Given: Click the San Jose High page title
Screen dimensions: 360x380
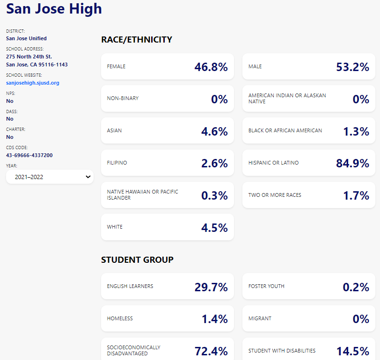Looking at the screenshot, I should pos(54,8).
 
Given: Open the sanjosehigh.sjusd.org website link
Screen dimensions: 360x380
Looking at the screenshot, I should pos(33,83).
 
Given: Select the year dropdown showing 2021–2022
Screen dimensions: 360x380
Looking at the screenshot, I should pos(50,177).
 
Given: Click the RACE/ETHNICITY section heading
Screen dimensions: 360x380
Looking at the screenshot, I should pos(137,40).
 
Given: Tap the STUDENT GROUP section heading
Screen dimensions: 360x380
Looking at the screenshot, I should pos(137,259).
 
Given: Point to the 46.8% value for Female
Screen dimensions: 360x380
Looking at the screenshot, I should pos(211,67).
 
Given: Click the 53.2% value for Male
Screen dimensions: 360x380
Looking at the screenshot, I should pos(352,67).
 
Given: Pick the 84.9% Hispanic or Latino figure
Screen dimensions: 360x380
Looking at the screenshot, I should pos(352,163).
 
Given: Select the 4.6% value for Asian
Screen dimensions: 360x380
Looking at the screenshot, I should pos(214,131).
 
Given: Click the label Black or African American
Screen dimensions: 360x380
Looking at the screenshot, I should pos(285,130).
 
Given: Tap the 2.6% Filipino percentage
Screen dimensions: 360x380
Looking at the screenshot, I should pos(214,163).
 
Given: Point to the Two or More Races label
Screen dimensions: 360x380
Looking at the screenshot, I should pos(275,195).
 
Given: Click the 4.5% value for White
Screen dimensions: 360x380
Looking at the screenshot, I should pos(214,228).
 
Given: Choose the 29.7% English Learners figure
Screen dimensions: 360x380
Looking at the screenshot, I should pos(211,287).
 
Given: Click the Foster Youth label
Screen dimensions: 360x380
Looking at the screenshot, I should pos(266,286).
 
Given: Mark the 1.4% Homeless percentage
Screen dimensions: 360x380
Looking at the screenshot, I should pos(214,319).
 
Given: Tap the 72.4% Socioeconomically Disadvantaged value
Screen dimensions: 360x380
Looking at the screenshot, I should pos(211,351).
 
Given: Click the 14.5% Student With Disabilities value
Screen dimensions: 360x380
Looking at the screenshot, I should pos(352,351).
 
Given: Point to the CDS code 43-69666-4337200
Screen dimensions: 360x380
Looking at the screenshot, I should pos(29,155).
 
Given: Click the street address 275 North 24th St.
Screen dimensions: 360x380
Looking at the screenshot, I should pos(29,57).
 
